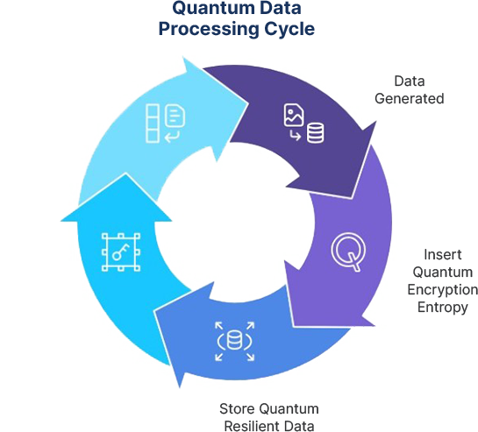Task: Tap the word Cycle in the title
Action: tap(289, 30)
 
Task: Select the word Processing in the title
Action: tap(209, 30)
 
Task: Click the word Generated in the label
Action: tap(409, 99)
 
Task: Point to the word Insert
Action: tap(443, 254)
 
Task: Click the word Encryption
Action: tap(443, 290)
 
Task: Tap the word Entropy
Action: tap(443, 307)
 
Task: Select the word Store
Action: tap(238, 409)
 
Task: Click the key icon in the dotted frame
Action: tap(121, 252)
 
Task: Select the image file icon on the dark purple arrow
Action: tap(294, 115)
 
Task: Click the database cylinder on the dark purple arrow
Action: tap(315, 132)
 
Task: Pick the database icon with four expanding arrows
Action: tap(234, 341)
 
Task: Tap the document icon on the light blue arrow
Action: tap(175, 116)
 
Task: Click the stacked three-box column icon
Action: tap(153, 124)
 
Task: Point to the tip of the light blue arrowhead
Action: tap(248, 103)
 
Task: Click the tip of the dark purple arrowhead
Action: tap(352, 199)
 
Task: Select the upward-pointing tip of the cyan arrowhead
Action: tap(125, 174)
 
